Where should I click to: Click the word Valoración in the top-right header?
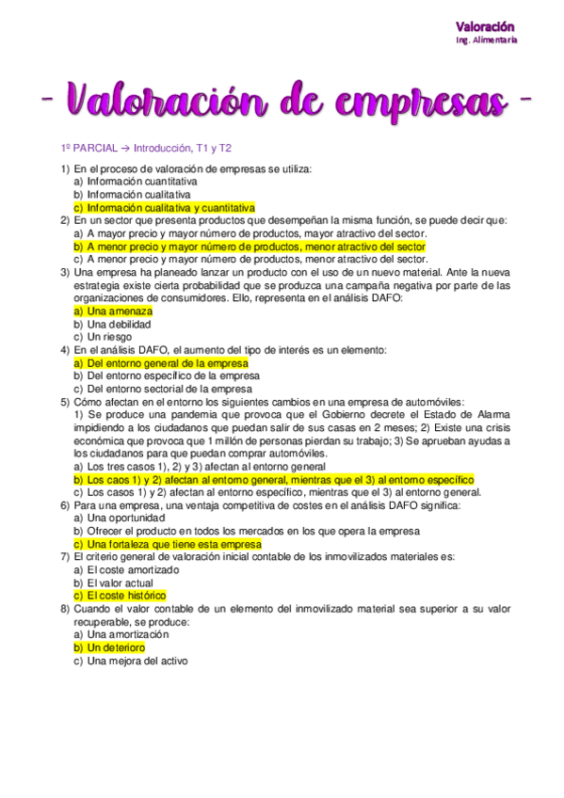[485, 26]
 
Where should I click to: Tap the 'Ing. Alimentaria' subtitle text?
[485, 40]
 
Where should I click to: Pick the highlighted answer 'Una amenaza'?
[119, 311]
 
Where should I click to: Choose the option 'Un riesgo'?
[109, 336]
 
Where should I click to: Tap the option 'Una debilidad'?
[119, 324]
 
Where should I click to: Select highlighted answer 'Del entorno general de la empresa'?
[167, 362]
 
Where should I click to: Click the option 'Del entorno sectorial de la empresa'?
[169, 388]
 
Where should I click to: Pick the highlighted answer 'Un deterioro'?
[116, 647]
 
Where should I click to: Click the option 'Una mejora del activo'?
[137, 661]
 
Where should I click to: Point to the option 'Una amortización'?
[128, 634]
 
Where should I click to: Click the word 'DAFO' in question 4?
[146, 349]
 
